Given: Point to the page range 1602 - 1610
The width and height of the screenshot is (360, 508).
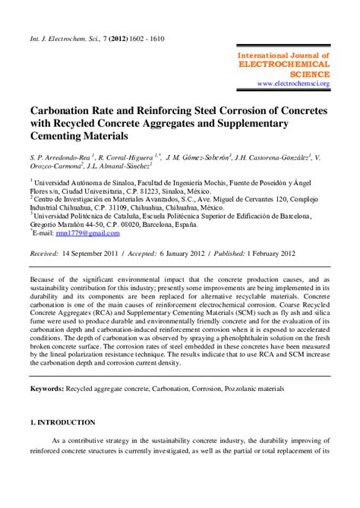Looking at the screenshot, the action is (x=144, y=38).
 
